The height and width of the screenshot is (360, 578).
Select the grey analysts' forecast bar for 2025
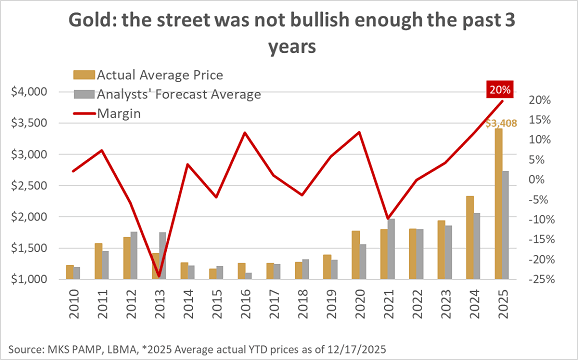(x=505, y=225)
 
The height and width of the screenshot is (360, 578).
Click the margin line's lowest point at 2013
(x=157, y=277)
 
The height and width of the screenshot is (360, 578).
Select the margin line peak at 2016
(x=243, y=133)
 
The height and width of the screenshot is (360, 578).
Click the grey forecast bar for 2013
(x=162, y=256)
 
